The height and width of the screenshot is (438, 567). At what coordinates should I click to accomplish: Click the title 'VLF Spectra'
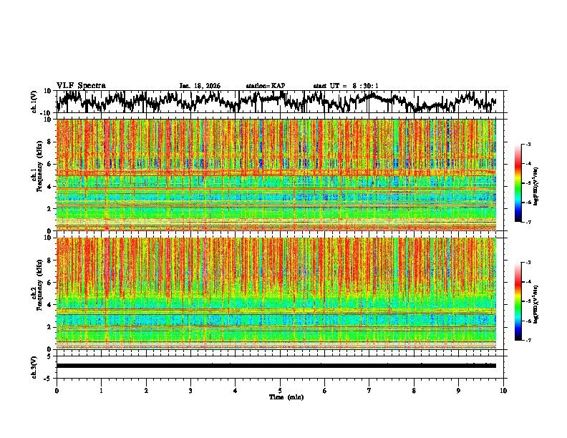pyautogui.click(x=81, y=86)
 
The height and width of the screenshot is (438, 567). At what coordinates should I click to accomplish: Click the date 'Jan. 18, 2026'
pyautogui.click(x=200, y=86)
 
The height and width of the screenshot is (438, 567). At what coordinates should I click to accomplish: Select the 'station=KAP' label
pyautogui.click(x=266, y=86)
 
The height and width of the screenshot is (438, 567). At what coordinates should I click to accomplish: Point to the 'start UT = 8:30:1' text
pyautogui.click(x=346, y=86)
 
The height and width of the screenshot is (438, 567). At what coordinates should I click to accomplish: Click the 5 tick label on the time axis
pyautogui.click(x=280, y=391)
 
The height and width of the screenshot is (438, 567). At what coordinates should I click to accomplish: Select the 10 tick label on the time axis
pyautogui.click(x=503, y=391)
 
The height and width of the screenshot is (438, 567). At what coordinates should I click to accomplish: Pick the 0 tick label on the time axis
pyautogui.click(x=57, y=391)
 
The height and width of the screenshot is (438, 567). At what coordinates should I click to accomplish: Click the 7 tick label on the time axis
pyautogui.click(x=369, y=391)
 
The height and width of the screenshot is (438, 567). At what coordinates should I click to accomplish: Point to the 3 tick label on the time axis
pyautogui.click(x=190, y=391)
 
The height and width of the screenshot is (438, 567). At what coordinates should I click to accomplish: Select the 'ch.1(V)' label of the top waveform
pyautogui.click(x=35, y=102)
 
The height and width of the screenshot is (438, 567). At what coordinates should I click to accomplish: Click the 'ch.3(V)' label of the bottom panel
pyautogui.click(x=35, y=366)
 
